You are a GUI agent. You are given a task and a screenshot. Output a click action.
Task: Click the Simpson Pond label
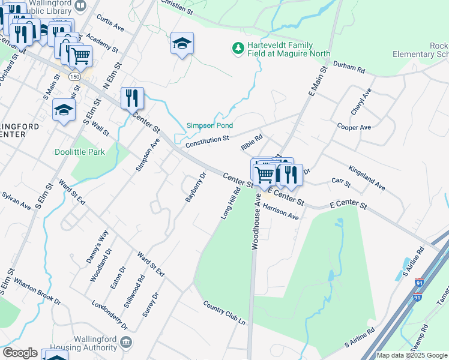(x=209, y=125)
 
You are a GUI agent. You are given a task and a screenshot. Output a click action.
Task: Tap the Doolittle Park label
(x=79, y=152)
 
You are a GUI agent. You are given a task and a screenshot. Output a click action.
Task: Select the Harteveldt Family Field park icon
(x=238, y=47)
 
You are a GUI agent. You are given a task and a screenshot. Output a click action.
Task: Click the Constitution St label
(x=207, y=142)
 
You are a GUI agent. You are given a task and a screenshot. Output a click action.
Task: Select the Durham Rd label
(x=349, y=69)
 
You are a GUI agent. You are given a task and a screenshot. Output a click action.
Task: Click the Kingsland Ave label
(x=366, y=179)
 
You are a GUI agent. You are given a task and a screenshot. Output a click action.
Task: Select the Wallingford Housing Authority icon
(x=127, y=342)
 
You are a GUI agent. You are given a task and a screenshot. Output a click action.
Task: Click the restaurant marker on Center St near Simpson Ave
(x=132, y=97)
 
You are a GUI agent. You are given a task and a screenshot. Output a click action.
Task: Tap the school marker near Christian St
(x=182, y=43)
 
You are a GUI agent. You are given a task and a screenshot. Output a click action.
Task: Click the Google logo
(x=20, y=353)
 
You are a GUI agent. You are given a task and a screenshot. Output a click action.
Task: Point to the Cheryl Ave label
(x=361, y=101)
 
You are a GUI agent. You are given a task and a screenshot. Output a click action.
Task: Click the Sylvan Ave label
(x=16, y=200)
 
